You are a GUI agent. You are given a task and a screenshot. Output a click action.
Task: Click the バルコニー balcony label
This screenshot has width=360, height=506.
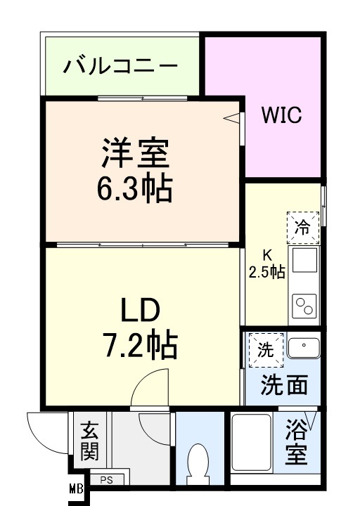pos(120,67)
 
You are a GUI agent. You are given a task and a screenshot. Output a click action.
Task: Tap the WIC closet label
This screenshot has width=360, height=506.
pos(282,115)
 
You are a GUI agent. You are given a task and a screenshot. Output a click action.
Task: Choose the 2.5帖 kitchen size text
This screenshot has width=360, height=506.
pos(267,271)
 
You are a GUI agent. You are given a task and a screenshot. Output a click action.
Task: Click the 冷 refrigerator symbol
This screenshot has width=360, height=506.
pos(302,227)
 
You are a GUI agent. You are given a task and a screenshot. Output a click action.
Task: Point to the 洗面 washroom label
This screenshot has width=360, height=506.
pos(284,386)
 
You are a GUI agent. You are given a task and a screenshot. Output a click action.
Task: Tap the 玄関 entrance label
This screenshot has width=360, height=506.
pos(88,441)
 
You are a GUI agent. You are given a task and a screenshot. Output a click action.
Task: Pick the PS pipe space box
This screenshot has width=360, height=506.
pos(107,481)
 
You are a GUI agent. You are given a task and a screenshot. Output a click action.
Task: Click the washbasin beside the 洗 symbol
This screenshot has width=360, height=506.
pos(303,346)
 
